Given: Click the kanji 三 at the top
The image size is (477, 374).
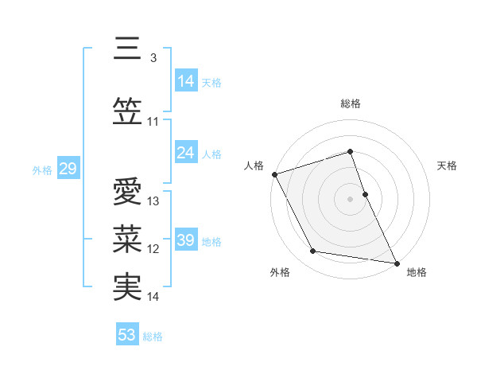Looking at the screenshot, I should coord(127,49).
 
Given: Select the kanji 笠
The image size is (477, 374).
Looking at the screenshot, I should coord(127,111).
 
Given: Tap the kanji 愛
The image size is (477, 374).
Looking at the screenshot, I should coord(127,192).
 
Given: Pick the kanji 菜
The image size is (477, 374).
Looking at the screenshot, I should coord(127,239).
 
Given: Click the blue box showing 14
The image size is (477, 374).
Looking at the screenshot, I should coord(186,81).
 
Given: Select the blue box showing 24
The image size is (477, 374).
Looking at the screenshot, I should coord(186,153).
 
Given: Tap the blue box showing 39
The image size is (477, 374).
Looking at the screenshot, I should coord(186,240).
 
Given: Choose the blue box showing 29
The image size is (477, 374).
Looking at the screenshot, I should coord(68,169).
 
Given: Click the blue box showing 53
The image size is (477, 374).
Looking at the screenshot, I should coord(127,335).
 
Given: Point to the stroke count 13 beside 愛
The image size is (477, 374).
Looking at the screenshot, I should coord(153,201).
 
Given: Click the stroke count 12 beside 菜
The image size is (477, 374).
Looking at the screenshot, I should coord(153,249).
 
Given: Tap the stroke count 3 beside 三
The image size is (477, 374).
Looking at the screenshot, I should coord(153,57).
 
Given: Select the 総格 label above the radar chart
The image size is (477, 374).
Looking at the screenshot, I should coord(351,104).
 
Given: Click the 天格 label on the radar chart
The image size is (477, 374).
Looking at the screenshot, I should coord(448,166).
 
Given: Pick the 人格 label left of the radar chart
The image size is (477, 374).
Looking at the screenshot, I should coord(254,166).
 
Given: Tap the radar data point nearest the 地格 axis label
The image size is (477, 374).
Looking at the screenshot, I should coord(396,262).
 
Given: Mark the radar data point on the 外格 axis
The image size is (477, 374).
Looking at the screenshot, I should coord(313,252).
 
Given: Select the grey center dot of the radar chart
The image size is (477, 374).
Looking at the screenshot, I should coord(351,198).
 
